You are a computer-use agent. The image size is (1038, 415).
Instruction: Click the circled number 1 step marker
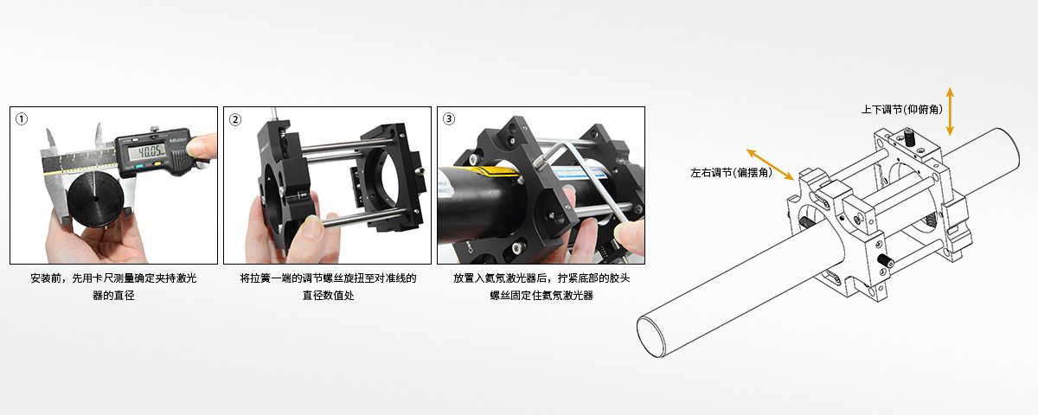coord(22,119)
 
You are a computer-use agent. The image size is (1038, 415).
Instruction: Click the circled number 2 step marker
coord(235,119)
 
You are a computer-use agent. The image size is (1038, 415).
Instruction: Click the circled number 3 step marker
coord(449,119)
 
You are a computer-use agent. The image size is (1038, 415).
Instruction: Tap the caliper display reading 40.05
coord(146,151)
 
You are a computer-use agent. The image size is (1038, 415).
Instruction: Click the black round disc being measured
coord(95,199)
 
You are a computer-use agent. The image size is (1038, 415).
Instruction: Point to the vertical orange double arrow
coord(950,112)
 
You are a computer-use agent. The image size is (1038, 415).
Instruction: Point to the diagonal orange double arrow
coord(770,164)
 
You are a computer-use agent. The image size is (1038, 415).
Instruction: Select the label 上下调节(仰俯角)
coord(901,110)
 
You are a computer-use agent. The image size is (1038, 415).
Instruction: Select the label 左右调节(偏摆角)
coord(731,173)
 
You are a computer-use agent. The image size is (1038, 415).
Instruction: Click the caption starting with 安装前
coord(113,286)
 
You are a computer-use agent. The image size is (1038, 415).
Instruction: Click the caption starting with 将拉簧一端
coord(328,286)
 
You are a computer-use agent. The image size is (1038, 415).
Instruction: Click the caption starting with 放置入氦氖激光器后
coord(541,286)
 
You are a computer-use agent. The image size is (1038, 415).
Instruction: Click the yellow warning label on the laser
coord(491,173)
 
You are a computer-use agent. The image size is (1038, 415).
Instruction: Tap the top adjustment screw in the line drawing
coord(909,137)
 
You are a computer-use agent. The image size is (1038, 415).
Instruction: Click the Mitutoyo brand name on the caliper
coord(178,139)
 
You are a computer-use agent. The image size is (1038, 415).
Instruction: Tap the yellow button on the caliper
coord(157,163)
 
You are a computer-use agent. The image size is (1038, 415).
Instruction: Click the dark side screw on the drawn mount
coord(886,262)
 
